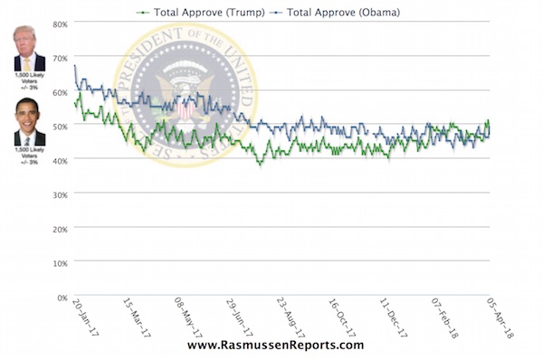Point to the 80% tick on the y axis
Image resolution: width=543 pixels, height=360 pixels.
pyautogui.click(x=58, y=24)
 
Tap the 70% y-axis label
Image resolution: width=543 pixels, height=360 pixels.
pyautogui.click(x=58, y=58)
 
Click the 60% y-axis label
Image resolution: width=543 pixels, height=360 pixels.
pyautogui.click(x=58, y=92)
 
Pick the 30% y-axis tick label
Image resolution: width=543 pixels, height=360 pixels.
pyautogui.click(x=58, y=194)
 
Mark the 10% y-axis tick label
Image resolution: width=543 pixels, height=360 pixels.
pyautogui.click(x=58, y=263)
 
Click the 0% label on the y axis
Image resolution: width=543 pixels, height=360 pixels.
pyautogui.click(x=60, y=297)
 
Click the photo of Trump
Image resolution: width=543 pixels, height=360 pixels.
pyautogui.click(x=30, y=49)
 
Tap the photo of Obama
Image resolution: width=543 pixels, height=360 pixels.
pyautogui.click(x=30, y=123)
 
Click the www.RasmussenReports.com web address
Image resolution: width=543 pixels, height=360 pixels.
pyautogui.click(x=275, y=346)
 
